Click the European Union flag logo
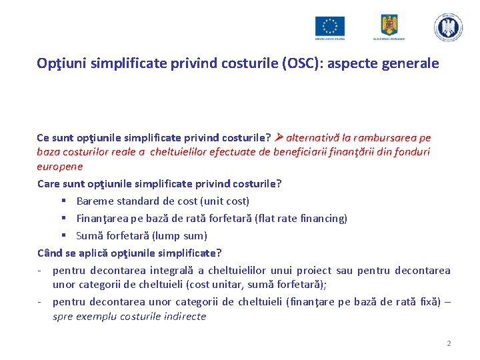330,27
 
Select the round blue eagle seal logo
449,27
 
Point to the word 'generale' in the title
411,64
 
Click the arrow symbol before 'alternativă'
279,137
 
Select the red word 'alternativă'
313,137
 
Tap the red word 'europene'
60,166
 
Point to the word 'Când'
50,253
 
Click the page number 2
449,343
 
